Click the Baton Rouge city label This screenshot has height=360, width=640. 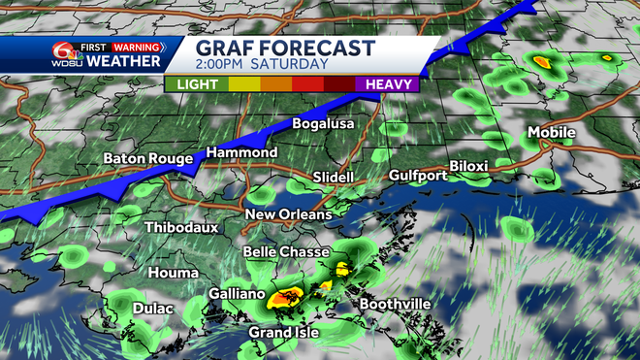146,158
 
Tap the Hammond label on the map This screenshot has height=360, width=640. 241,153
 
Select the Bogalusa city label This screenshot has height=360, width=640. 324,124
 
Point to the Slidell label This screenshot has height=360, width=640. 333,178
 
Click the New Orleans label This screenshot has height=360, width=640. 288,214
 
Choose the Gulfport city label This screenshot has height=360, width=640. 418,176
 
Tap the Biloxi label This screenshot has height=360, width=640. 469,166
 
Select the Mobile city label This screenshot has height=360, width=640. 551,132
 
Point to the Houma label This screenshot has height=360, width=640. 172,273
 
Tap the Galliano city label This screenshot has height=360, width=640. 239,292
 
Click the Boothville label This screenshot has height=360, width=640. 395,304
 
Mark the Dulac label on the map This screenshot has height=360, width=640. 153,309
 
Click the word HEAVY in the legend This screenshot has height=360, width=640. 390,84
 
